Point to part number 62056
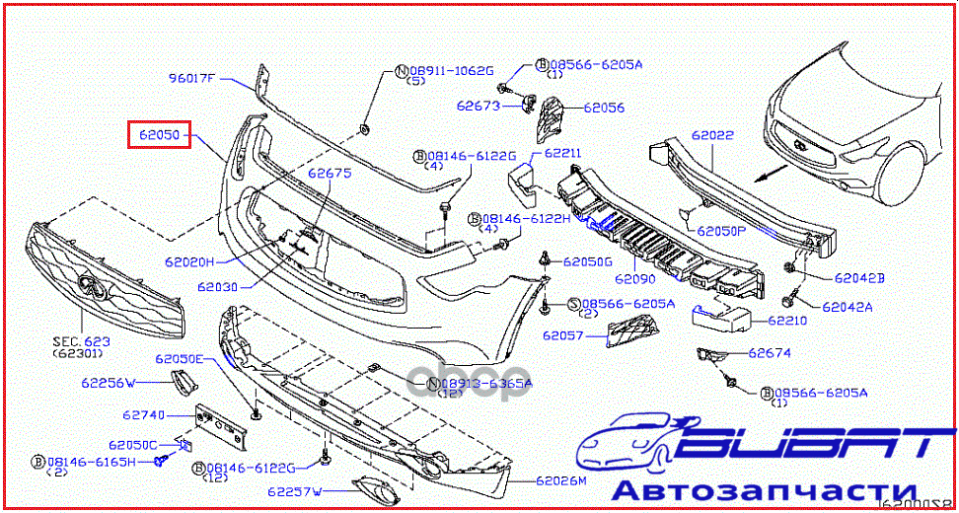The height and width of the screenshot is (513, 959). coord(604,108)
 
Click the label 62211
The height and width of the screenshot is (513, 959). coord(562,153)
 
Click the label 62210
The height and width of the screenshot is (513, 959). coord(787,320)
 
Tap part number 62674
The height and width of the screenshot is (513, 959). coord(770,352)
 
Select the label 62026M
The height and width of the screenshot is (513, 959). coord(561,481)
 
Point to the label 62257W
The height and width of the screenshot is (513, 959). coord(293,490)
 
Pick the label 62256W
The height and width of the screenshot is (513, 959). coord(109,381)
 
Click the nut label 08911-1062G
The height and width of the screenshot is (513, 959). coord(450,71)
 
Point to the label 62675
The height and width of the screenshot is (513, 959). coord(329,174)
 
